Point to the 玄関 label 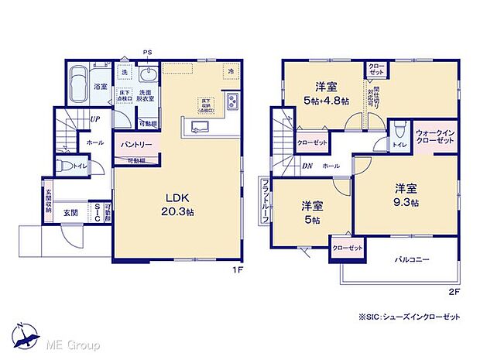click(x=70, y=211)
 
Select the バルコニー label click(x=412, y=259)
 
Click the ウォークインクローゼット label click(x=433, y=136)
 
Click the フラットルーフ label click(x=265, y=200)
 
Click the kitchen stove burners click(x=232, y=101)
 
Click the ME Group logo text click(x=74, y=341)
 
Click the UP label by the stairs click(x=94, y=118)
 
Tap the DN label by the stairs click(x=307, y=166)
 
